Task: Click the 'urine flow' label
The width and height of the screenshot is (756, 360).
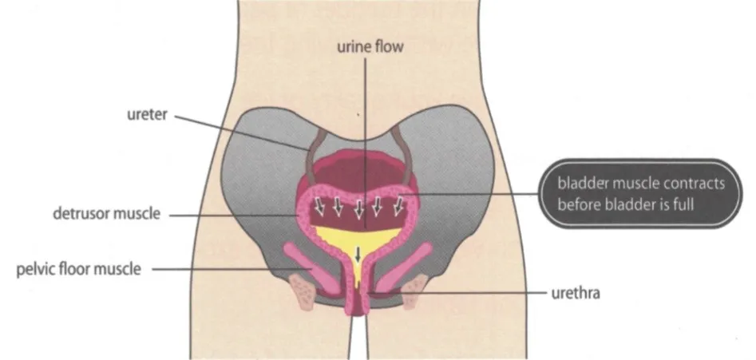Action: [x=370, y=47]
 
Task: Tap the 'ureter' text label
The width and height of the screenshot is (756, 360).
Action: [x=147, y=115]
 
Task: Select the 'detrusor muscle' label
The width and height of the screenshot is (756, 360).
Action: [x=106, y=213]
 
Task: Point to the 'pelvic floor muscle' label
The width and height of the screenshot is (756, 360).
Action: [x=78, y=269]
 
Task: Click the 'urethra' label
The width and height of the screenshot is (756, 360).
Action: [x=576, y=293]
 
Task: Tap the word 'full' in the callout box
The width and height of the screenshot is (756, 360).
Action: [x=683, y=204]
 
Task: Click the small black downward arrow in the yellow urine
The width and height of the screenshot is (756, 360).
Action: [x=358, y=254]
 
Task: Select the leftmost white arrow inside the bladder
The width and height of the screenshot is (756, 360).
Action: [x=319, y=206]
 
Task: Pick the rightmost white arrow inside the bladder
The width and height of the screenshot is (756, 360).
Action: [x=398, y=206]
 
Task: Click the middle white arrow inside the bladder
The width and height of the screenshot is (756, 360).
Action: [x=358, y=208]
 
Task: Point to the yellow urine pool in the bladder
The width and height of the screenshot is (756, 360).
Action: [x=358, y=242]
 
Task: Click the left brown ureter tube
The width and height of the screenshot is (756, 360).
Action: [x=314, y=154]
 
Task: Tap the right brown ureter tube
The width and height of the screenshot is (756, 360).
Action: [x=404, y=154]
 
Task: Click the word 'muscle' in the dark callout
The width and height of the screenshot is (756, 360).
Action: [x=637, y=183]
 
